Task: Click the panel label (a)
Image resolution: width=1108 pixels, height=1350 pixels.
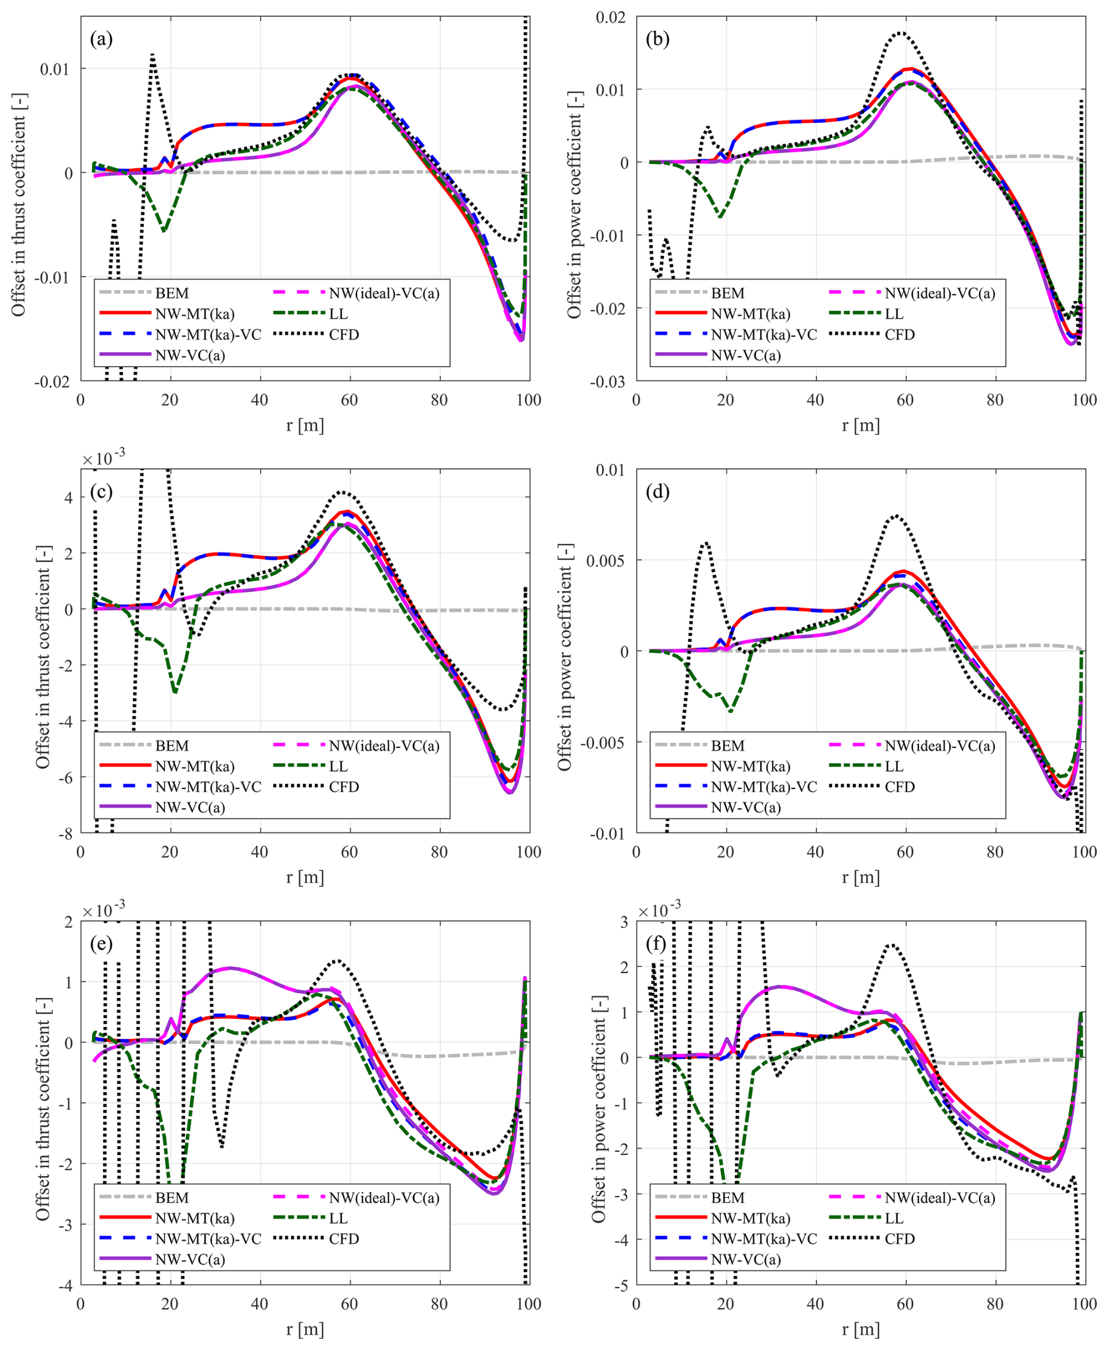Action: click(x=101, y=40)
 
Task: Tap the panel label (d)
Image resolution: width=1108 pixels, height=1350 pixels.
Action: click(x=658, y=491)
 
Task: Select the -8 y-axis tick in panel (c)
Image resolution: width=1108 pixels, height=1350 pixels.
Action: click(x=66, y=833)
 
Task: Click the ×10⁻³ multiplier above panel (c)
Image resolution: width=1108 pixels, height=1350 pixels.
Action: click(x=104, y=457)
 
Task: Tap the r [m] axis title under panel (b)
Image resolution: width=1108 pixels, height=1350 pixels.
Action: click(x=860, y=425)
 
